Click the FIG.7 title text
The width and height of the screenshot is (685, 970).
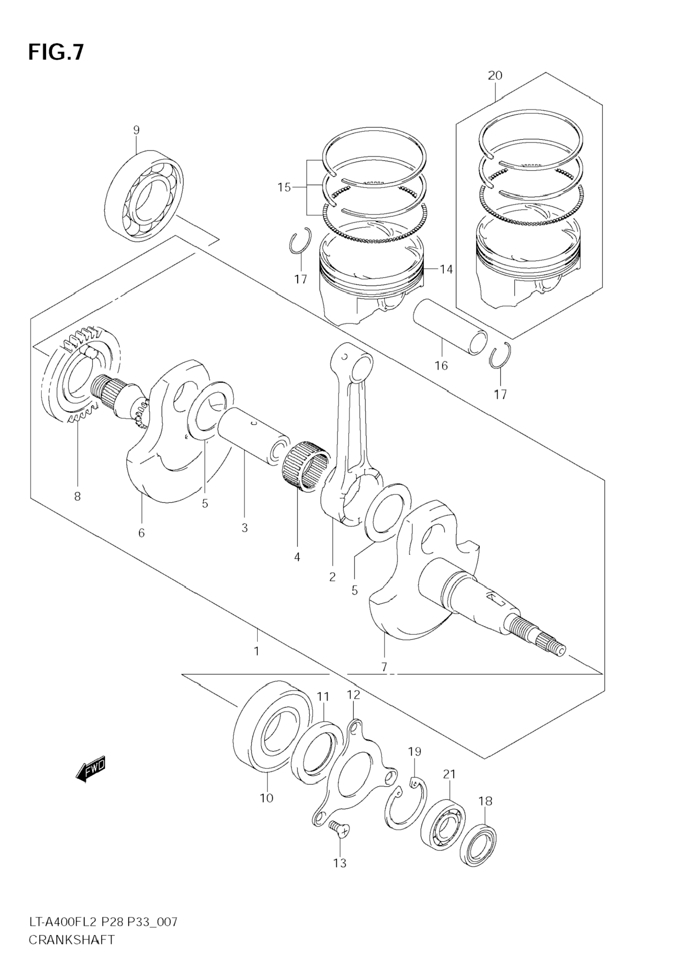coord(56,52)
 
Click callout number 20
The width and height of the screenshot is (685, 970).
coord(495,75)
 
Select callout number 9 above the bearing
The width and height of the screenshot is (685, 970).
coord(136,130)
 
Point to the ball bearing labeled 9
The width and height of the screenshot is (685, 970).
coord(144,196)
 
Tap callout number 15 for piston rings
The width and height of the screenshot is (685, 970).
coord(284,187)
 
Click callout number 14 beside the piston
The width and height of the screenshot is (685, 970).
coord(446,269)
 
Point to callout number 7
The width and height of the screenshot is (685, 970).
coord(384,668)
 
